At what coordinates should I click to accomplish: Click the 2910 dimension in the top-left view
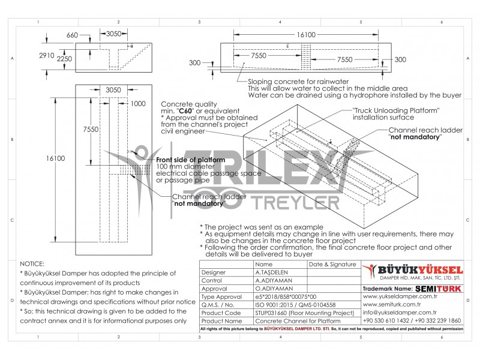[47, 55]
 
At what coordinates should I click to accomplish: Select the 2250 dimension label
[65, 59]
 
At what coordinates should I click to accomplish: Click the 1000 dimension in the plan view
[137, 103]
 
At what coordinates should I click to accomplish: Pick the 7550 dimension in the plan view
[91, 130]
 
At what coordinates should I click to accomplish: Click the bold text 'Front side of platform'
[190, 160]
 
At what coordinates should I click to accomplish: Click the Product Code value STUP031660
[305, 313]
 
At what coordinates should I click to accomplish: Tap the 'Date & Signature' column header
[332, 264]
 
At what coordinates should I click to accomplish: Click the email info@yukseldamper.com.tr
[400, 313]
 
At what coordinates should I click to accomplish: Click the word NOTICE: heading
[32, 263]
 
